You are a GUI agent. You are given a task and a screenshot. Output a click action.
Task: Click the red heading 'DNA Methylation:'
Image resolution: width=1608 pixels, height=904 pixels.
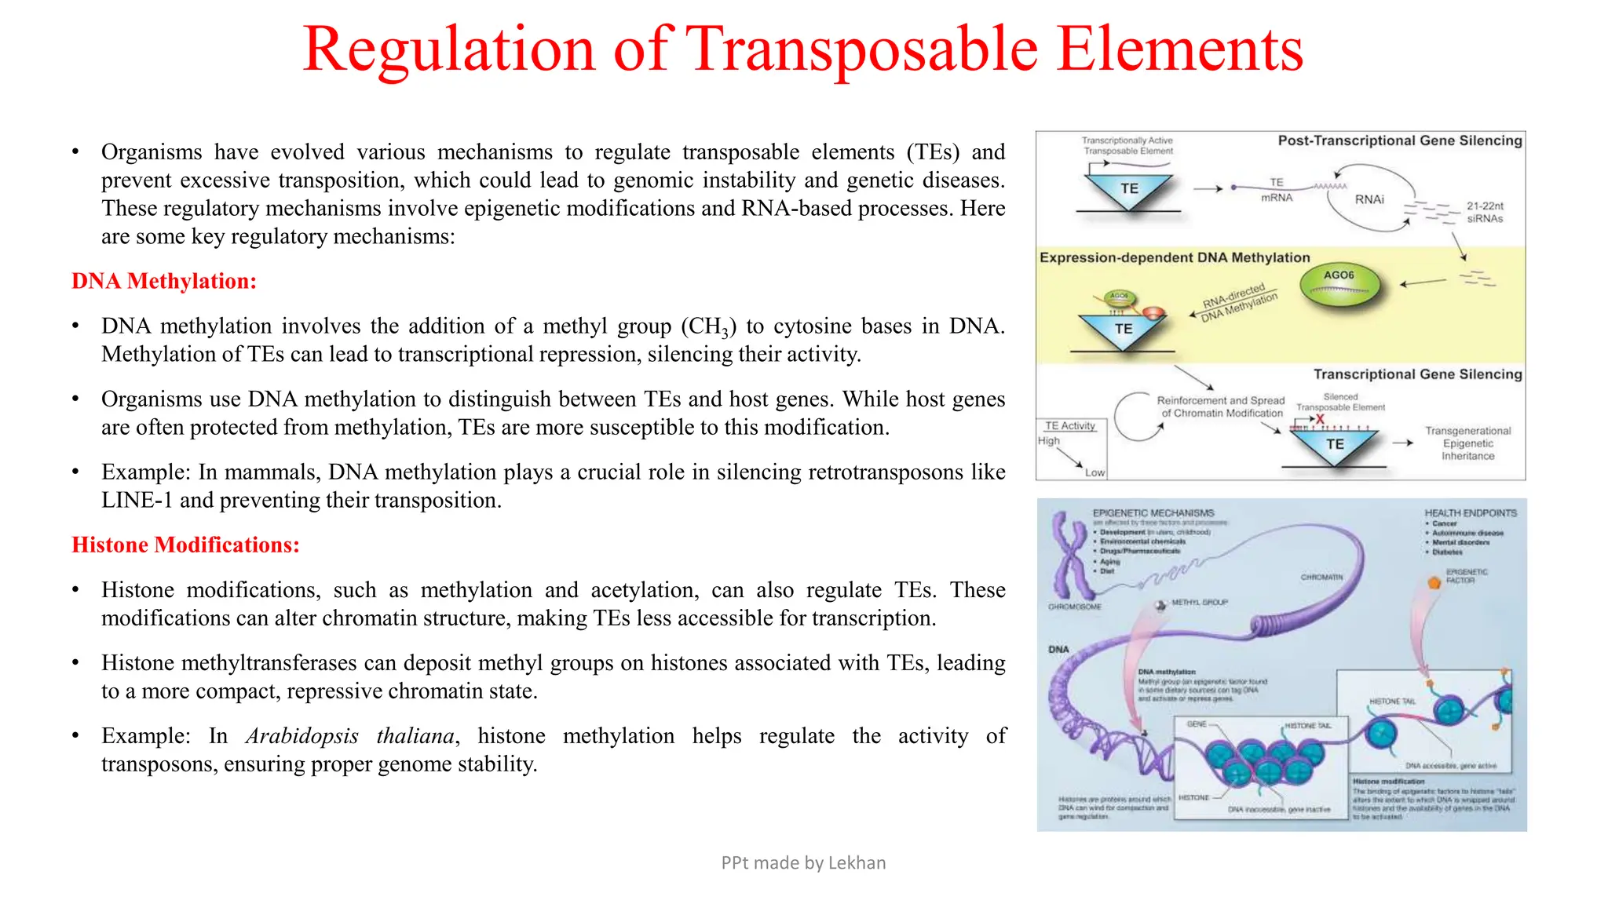[x=164, y=281]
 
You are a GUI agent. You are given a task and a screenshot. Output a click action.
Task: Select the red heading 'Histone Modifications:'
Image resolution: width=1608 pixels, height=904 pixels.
[x=185, y=545]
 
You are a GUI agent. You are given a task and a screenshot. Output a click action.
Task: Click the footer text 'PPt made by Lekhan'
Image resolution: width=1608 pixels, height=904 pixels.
[x=803, y=862]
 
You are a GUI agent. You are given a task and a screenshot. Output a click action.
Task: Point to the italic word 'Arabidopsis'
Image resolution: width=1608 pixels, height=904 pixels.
[x=301, y=736]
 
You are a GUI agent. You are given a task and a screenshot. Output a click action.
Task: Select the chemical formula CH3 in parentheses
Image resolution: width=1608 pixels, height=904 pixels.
[x=708, y=326]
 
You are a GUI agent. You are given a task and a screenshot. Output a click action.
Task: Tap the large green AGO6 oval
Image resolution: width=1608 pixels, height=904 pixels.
[x=1339, y=284]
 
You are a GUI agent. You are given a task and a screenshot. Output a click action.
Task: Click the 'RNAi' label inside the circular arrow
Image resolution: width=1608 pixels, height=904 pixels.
[x=1369, y=199]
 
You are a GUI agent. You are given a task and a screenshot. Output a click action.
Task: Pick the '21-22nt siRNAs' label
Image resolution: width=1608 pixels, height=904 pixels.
[x=1484, y=212]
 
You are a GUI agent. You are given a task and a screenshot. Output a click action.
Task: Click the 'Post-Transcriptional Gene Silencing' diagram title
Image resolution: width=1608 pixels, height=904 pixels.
[x=1399, y=140]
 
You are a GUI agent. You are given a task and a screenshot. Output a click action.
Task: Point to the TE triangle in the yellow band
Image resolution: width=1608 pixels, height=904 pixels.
[x=1124, y=330]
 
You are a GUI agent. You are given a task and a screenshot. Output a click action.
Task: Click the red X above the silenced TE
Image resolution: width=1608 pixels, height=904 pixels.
[x=1320, y=420]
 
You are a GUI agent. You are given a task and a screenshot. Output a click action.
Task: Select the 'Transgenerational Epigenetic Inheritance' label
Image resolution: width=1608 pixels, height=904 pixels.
[x=1467, y=443]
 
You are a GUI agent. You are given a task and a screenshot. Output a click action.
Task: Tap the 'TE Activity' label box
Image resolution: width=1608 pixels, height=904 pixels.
[x=1069, y=425]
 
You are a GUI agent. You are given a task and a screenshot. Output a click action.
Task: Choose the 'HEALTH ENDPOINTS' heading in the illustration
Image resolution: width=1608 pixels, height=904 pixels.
[x=1471, y=512]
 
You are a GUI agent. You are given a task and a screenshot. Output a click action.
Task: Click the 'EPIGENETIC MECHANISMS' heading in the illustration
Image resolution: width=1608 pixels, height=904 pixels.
[x=1153, y=512]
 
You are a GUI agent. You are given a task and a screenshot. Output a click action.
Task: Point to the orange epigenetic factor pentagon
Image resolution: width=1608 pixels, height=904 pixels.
[x=1434, y=582]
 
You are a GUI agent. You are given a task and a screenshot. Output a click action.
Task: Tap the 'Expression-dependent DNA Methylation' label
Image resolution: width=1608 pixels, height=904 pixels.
[x=1175, y=257]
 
